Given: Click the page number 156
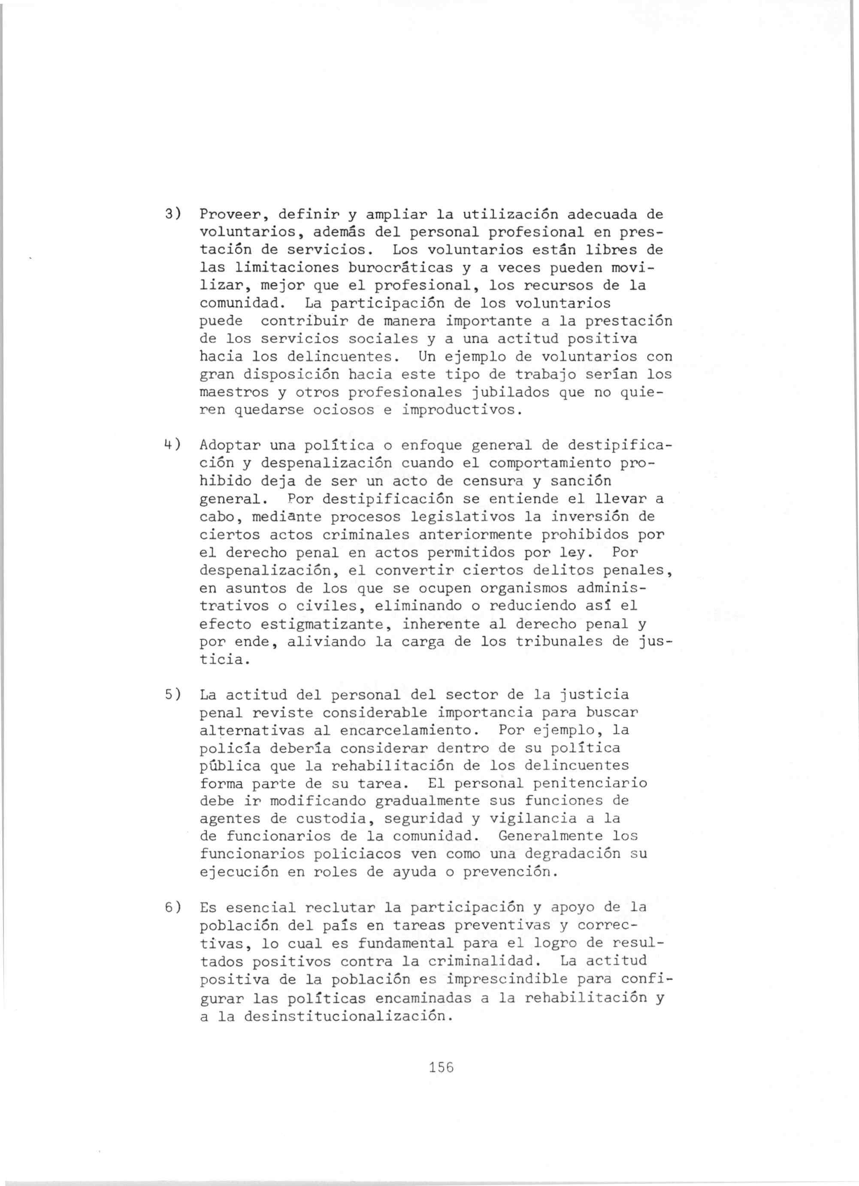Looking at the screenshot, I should pyautogui.click(x=441, y=1067).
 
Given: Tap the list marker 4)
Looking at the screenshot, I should pyautogui.click(x=172, y=445).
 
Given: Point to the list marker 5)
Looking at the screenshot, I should pyautogui.click(x=172, y=694).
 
